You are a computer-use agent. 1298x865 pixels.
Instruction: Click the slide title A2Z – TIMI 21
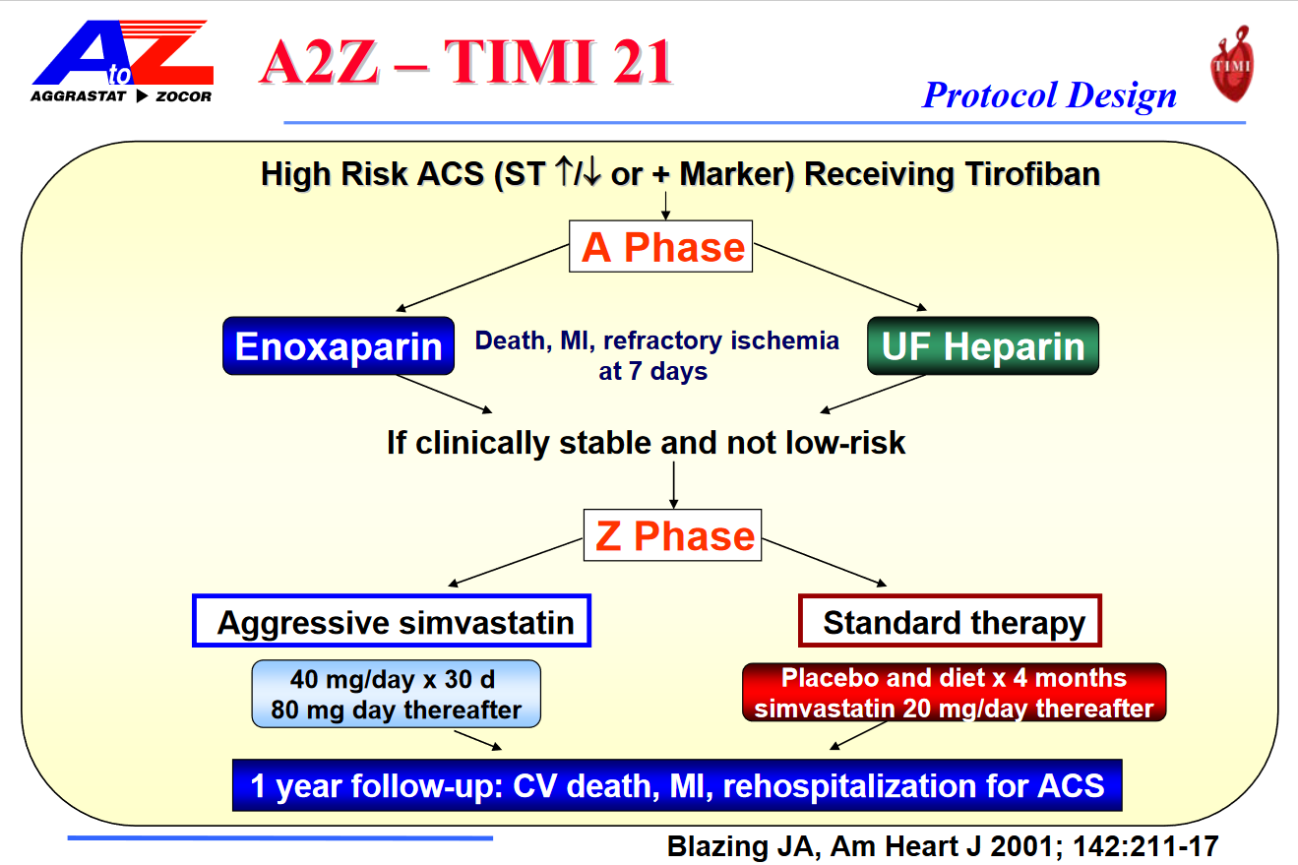point(466,63)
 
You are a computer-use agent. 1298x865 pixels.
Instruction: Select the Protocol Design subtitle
point(1049,94)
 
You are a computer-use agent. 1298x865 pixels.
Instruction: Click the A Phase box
point(662,247)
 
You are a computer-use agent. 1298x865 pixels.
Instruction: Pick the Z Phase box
point(673,535)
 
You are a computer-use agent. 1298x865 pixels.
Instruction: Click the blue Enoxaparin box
point(339,346)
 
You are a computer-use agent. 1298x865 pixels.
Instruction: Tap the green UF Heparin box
point(982,346)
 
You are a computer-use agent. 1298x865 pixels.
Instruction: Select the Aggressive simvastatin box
point(392,622)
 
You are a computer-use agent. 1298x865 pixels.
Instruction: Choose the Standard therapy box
point(950,622)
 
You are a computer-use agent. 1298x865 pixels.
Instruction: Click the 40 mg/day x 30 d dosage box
point(396,694)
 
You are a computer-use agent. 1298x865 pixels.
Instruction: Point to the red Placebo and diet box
point(953,694)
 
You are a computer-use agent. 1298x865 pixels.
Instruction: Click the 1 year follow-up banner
point(677,785)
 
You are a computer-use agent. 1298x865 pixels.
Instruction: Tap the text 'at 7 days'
point(652,373)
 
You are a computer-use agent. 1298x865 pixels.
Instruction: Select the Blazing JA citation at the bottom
point(943,845)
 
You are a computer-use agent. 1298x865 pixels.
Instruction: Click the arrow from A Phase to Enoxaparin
point(482,278)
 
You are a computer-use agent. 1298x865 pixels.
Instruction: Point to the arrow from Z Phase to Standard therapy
point(827,562)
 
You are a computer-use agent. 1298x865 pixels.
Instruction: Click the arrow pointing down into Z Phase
point(673,484)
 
